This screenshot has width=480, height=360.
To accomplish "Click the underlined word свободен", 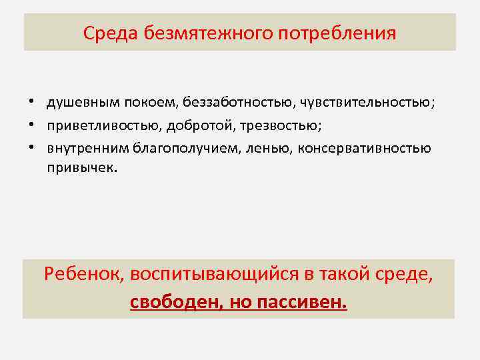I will tap(176, 302).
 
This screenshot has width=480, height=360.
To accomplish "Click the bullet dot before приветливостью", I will tap(31, 125).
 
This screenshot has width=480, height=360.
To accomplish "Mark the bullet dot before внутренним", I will tap(31, 148).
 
